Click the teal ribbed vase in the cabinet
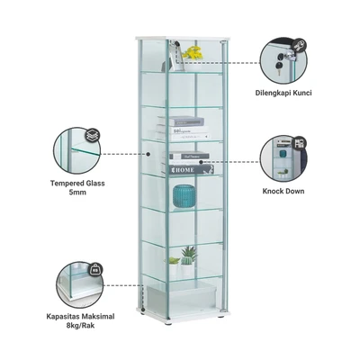point(184,195)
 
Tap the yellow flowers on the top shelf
point(193,53)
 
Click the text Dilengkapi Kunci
point(283,93)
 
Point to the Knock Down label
point(283,191)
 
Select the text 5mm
point(77,193)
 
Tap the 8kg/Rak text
point(80,325)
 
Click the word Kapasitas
point(63,316)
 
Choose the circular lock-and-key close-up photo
point(283,60)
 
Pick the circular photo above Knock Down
point(283,158)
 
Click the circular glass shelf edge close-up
point(77,150)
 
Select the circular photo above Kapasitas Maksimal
point(79,284)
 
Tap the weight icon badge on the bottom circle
point(95,269)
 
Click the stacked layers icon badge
point(93,136)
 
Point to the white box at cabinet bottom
point(181,297)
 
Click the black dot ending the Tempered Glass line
point(148,154)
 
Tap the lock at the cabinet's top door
point(175,44)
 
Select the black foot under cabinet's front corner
point(168,324)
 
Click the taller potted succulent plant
point(188,260)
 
